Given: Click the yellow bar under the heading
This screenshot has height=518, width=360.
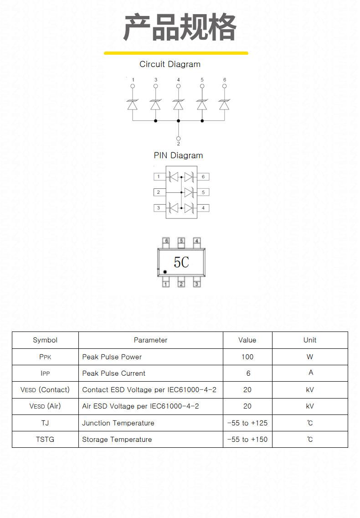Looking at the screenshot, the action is point(176,53).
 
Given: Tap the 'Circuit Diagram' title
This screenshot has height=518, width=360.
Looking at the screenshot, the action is point(170,64).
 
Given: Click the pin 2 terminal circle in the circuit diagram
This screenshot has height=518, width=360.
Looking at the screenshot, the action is point(178,139).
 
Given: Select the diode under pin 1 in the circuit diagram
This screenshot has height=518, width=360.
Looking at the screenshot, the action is point(133,104).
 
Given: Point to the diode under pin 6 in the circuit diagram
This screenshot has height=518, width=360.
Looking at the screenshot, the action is point(224,104).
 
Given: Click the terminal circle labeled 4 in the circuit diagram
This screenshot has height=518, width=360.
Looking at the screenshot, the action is point(178,86).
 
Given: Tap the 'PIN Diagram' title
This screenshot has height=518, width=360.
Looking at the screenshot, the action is point(178,155).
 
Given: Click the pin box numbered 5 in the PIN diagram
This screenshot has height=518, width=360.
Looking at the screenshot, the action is point(203,192).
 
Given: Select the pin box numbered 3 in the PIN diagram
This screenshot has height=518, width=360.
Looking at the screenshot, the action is point(159,208).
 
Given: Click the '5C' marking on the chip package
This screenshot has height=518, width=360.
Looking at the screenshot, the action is point(181,262).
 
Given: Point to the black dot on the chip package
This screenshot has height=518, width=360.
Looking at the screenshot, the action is point(165,272).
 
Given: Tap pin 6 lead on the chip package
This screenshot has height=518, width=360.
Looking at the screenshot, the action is point(166,243).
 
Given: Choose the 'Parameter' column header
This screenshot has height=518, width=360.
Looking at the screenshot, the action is point(150,340).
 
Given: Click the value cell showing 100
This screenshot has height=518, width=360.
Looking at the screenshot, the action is point(247,357).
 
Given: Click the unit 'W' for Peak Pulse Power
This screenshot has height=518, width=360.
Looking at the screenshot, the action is point(310,357).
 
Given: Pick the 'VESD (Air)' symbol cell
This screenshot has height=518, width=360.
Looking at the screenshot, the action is point(45,406).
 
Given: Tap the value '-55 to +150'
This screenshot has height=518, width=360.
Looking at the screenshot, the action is point(247,440).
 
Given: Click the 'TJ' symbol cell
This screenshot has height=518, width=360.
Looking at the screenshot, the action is point(45,423).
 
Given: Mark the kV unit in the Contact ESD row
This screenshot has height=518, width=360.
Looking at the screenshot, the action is point(310,390).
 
